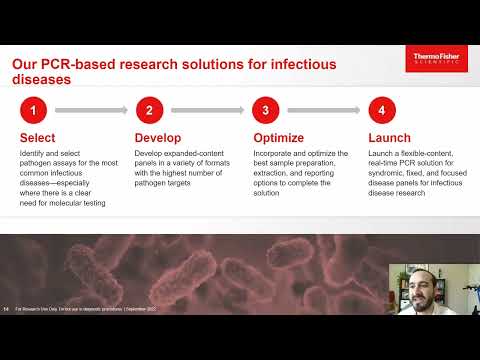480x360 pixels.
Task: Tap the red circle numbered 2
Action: (x=149, y=110)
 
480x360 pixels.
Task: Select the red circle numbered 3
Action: (x=265, y=110)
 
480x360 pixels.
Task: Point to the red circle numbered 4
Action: (x=381, y=110)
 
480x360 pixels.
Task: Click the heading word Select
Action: (x=38, y=138)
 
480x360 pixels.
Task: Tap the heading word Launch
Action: (x=391, y=138)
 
